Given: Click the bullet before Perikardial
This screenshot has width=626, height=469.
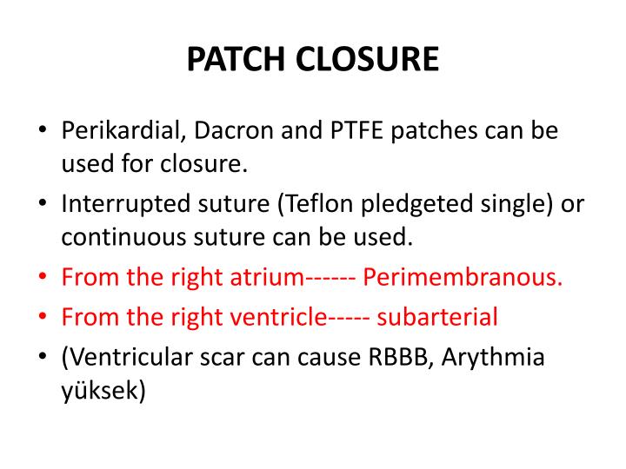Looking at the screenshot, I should coord(43,131).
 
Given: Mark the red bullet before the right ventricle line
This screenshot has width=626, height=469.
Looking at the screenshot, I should coord(43,317).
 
